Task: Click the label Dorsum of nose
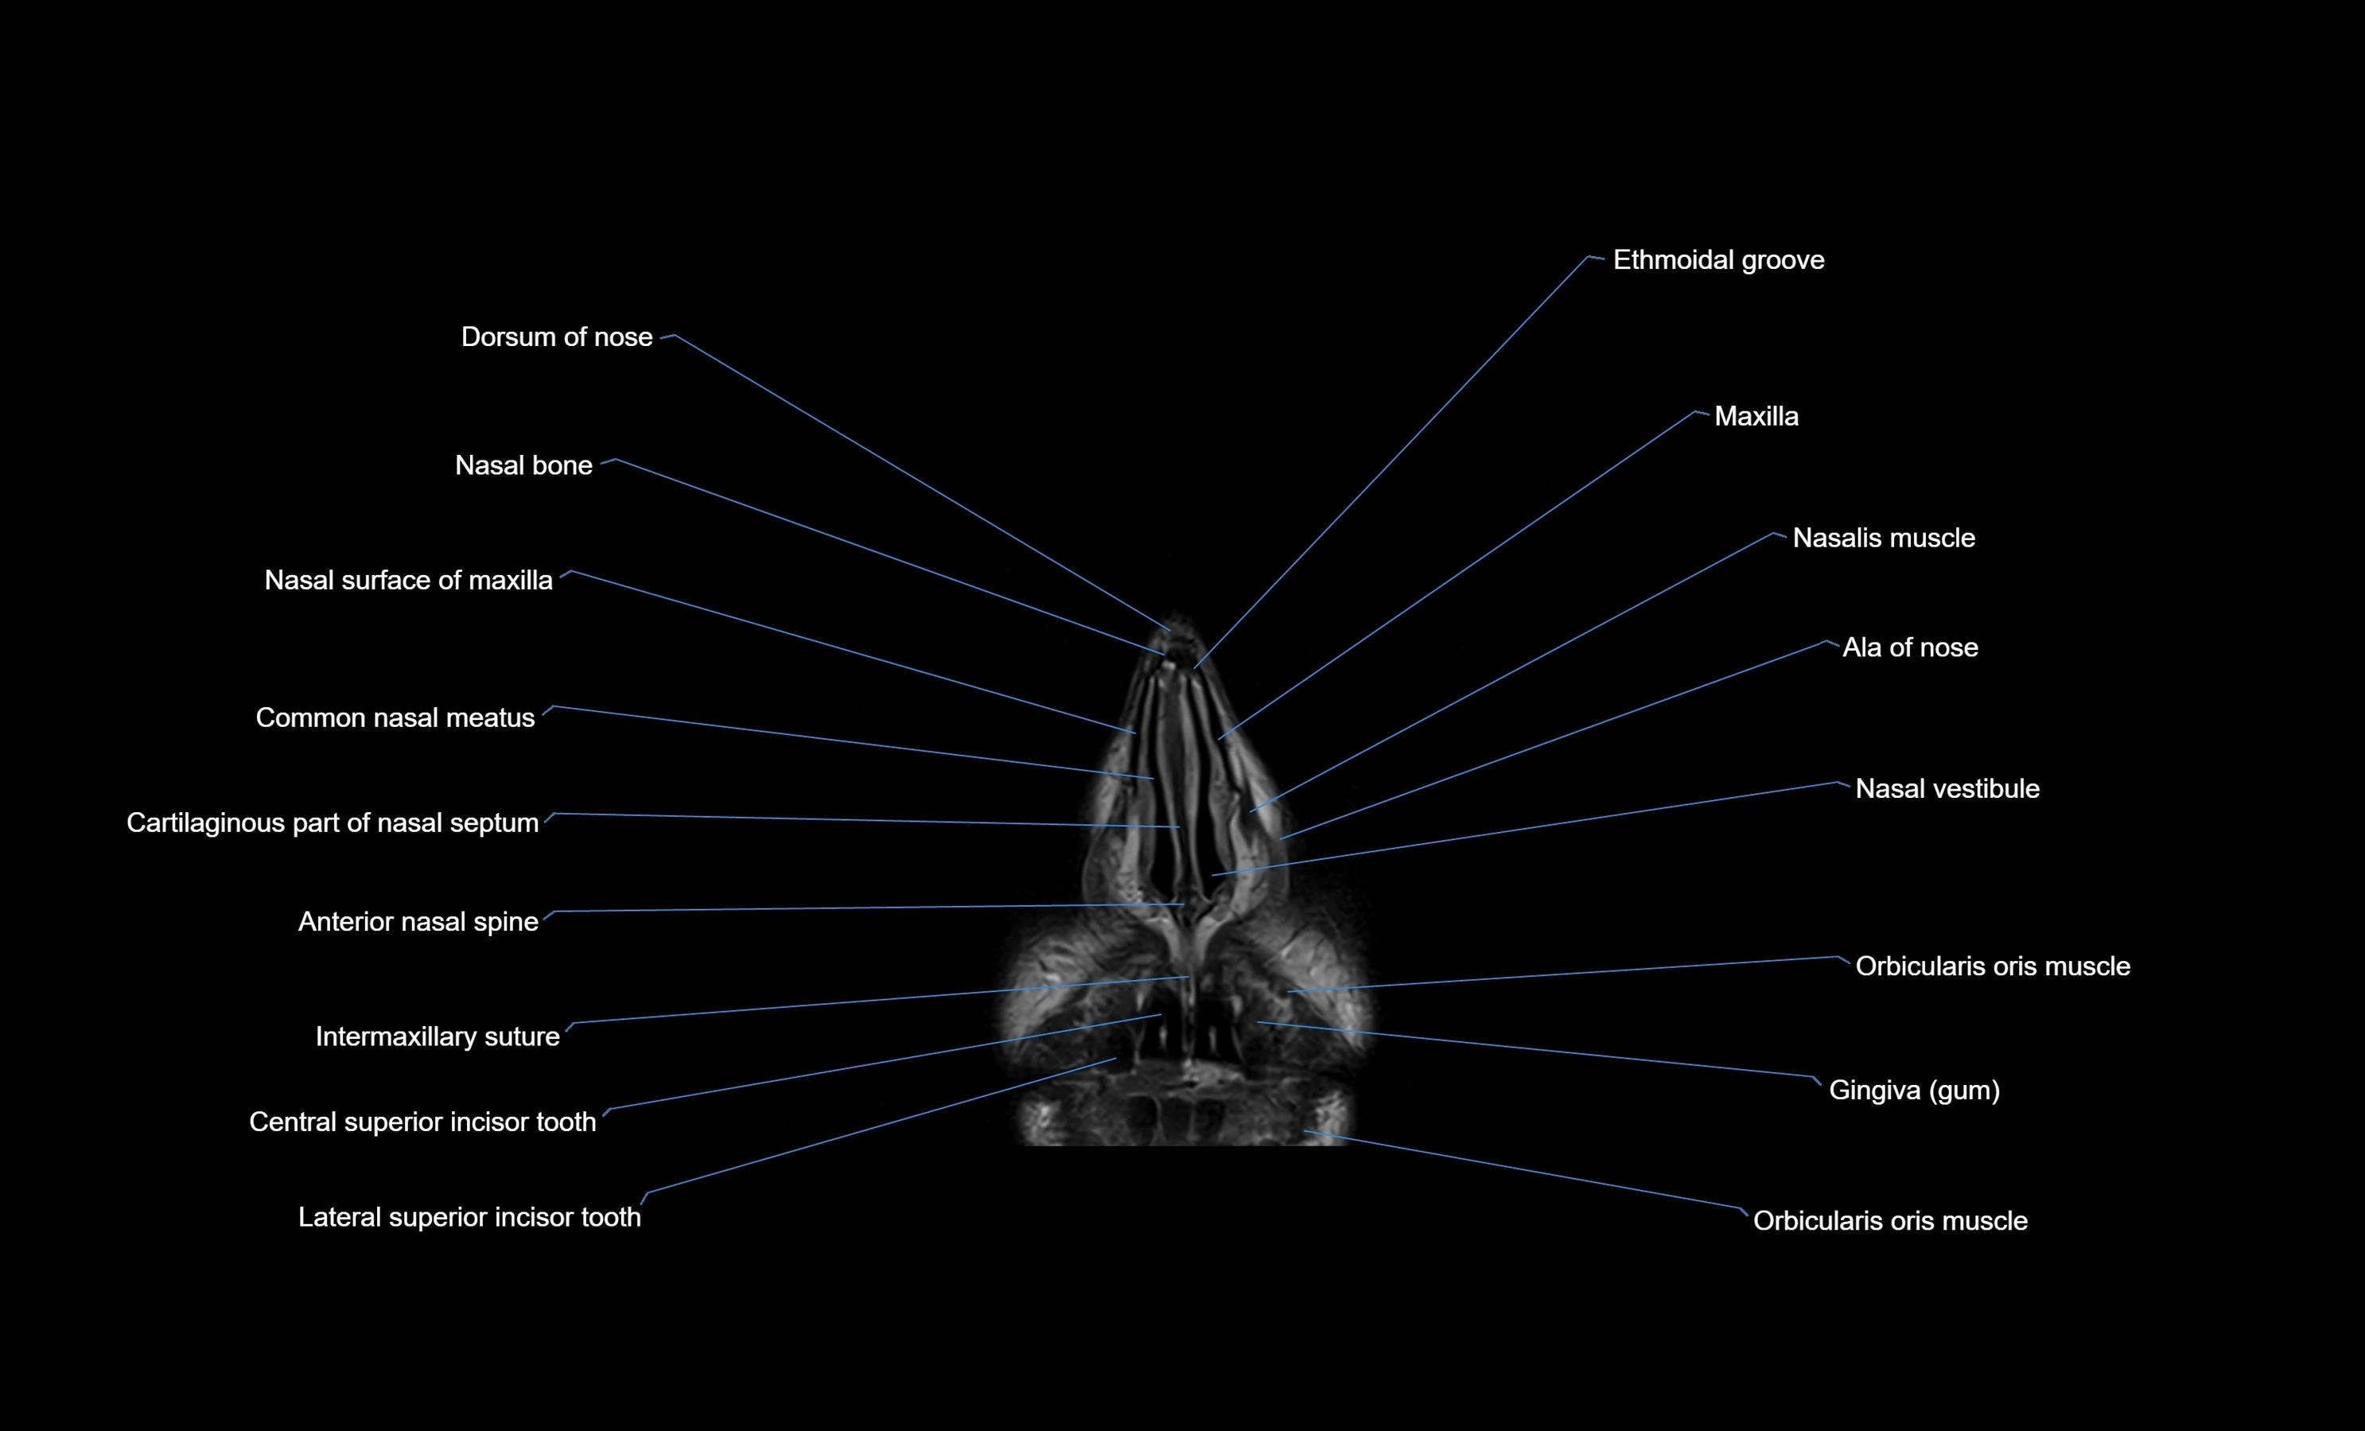[556, 337]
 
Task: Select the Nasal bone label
[523, 465]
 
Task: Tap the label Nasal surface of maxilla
[408, 581]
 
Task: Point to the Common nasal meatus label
[395, 718]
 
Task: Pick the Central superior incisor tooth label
[422, 1122]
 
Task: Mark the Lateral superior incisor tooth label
[469, 1218]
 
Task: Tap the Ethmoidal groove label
[1718, 260]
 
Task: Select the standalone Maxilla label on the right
[1756, 417]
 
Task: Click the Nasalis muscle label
[1883, 539]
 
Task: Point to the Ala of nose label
[1909, 647]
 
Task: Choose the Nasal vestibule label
[1947, 789]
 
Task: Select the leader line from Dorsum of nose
[921, 483]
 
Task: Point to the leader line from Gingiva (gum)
[1536, 1049]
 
